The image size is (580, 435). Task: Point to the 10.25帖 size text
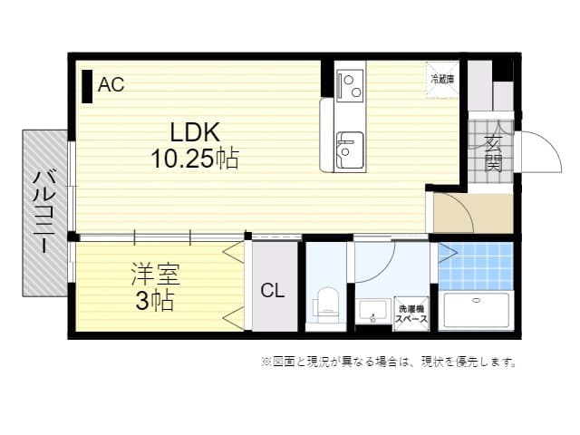click(x=194, y=159)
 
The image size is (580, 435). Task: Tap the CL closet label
click(x=273, y=291)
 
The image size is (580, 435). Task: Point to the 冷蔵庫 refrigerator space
click(x=443, y=78)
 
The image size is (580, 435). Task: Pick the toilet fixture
click(x=326, y=304)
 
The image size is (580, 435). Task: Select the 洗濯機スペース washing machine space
click(x=411, y=314)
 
